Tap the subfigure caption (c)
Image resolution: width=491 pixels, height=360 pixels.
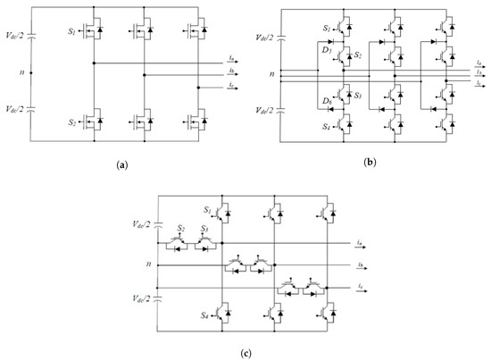click(x=246, y=349)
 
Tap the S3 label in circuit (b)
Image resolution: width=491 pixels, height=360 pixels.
click(x=358, y=96)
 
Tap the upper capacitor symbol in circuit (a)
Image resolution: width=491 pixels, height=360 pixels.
click(x=32, y=38)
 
